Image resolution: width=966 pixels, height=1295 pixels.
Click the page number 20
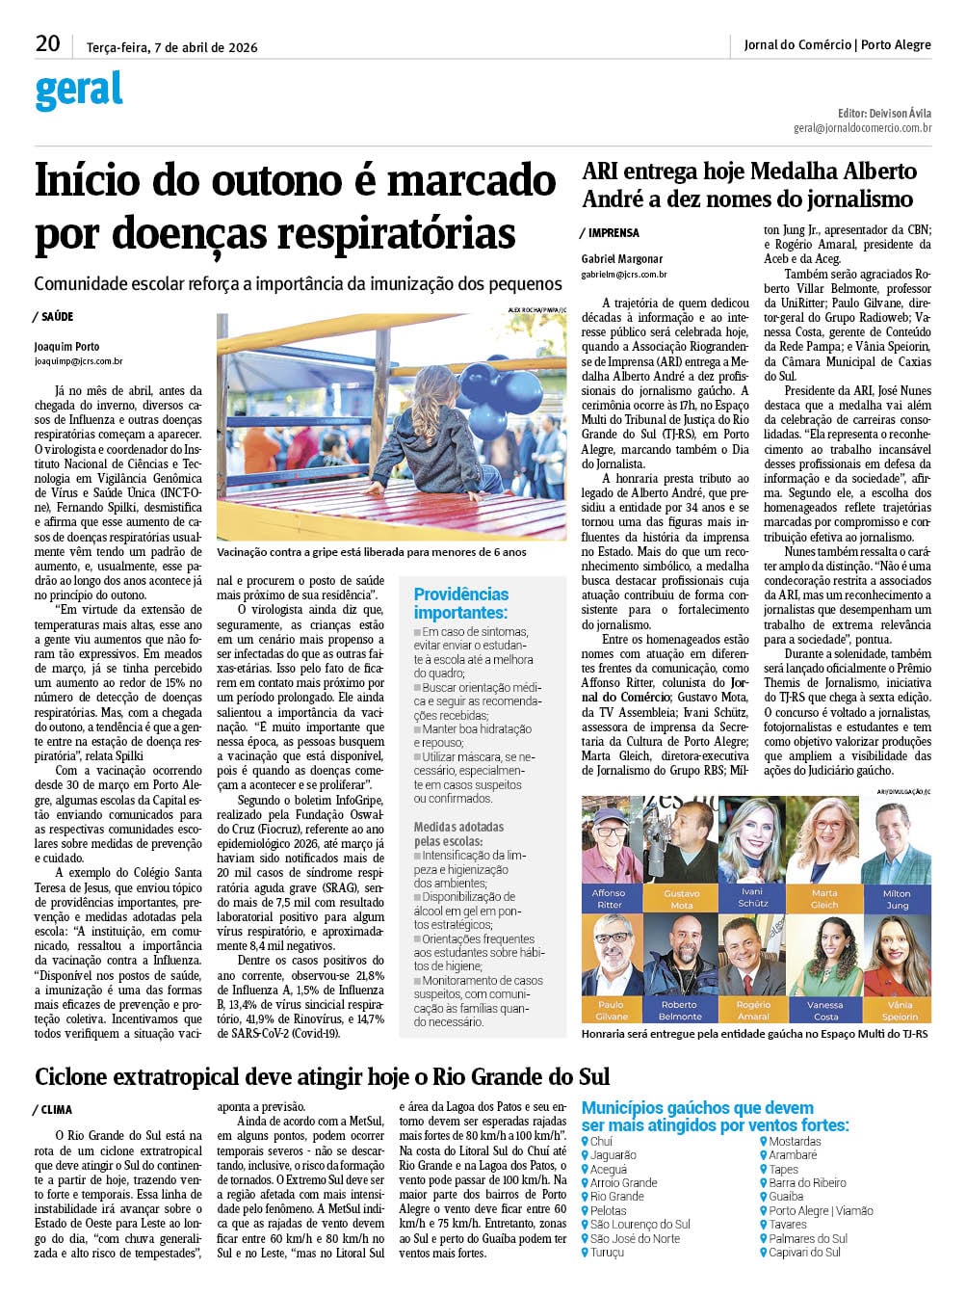(47, 43)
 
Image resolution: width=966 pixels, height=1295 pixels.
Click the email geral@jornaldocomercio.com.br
(862, 127)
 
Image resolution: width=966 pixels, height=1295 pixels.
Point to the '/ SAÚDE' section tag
(53, 317)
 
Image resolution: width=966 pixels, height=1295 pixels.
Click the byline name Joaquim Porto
(66, 347)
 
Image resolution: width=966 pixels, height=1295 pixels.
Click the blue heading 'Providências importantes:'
(461, 603)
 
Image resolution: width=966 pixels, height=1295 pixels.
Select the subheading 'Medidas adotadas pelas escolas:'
(458, 833)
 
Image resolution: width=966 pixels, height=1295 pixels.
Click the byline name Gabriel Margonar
(622, 258)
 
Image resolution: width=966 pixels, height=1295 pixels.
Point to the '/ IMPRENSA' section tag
(610, 233)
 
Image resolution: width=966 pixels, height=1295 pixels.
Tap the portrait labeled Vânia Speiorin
(900, 958)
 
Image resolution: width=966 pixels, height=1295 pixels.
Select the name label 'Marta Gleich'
(824, 899)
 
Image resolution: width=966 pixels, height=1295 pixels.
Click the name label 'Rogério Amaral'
(753, 1011)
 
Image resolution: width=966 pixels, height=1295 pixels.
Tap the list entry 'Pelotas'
(608, 1210)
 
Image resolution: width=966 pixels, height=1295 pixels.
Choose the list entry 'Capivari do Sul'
(804, 1253)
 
